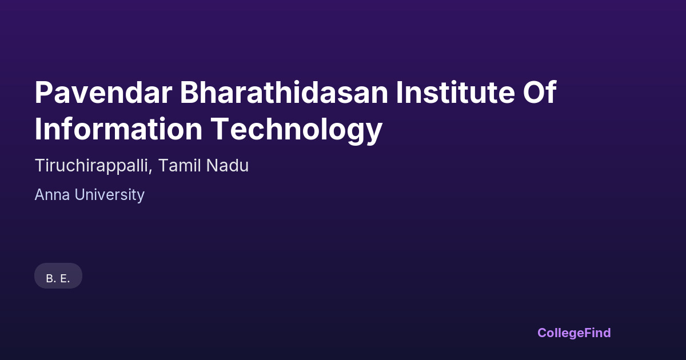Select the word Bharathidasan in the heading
click(284, 93)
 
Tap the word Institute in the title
click(456, 93)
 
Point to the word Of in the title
click(540, 92)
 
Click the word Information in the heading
click(118, 129)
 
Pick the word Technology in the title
click(297, 130)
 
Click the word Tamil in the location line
click(180, 165)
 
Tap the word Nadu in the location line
click(228, 165)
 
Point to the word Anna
click(53, 195)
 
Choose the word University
click(109, 195)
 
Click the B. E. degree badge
click(58, 275)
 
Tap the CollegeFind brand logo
click(574, 333)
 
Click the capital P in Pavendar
click(43, 93)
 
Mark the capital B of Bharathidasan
click(190, 93)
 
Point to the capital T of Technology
click(220, 129)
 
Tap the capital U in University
click(80, 195)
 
